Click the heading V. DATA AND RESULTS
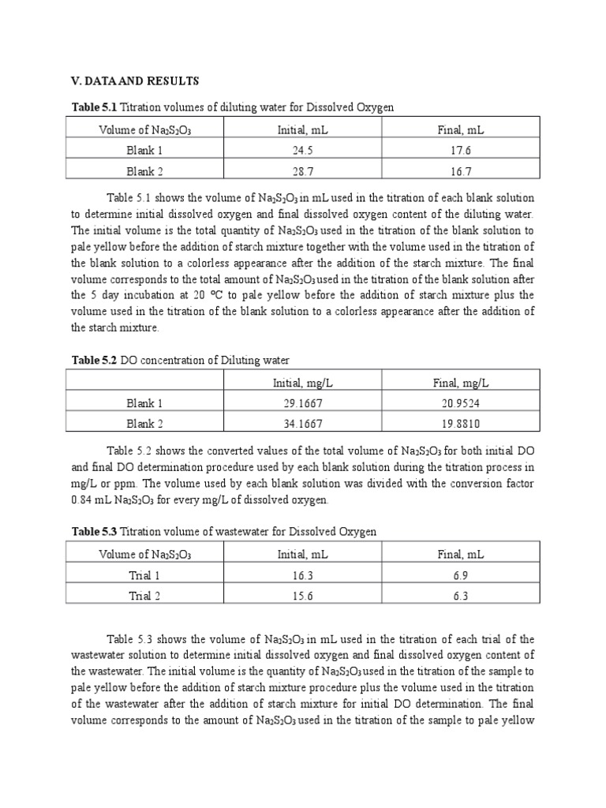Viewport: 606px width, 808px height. click(x=136, y=81)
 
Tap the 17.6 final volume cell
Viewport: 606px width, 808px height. click(x=461, y=150)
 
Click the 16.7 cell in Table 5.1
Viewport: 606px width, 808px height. click(x=461, y=170)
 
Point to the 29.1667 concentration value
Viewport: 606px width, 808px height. click(x=303, y=403)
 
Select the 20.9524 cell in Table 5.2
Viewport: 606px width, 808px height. click(x=461, y=403)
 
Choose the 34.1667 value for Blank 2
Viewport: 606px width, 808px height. click(x=303, y=423)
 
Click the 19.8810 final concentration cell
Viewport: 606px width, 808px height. click(x=461, y=423)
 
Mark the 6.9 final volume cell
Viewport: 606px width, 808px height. click(x=461, y=575)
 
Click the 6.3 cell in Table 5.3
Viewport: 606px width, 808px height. click(x=461, y=596)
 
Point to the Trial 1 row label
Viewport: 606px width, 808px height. click(x=144, y=575)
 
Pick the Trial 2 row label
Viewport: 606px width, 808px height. click(x=144, y=596)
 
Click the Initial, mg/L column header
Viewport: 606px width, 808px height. click(x=303, y=383)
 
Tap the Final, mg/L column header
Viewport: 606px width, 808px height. click(x=461, y=383)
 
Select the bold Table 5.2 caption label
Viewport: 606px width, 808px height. click(x=95, y=360)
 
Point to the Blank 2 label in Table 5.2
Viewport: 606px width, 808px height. click(x=144, y=423)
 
